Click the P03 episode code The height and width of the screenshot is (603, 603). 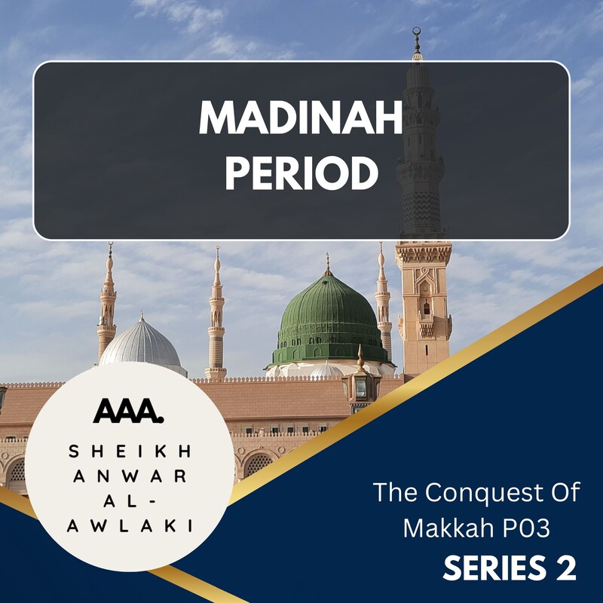(528, 528)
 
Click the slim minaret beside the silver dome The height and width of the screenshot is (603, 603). (107, 301)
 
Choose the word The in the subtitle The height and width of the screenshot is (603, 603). (393, 494)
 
